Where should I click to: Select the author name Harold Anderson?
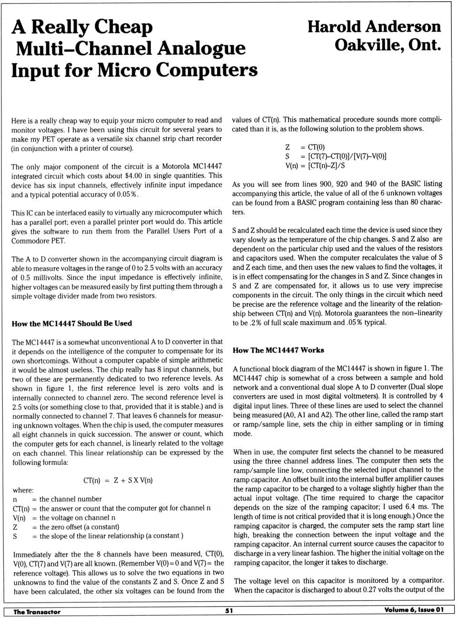tap(374, 26)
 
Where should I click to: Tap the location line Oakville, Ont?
tap(387, 45)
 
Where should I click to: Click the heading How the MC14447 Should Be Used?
tap(71, 324)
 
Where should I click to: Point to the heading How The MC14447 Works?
tap(278, 350)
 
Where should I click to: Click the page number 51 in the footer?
tap(229, 611)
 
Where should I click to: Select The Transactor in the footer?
tap(37, 612)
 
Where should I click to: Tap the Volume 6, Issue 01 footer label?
tap(414, 610)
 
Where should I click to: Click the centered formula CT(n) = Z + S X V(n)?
tap(118, 480)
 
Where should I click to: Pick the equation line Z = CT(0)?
tap(305, 147)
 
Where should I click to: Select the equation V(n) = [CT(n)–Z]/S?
tap(315, 166)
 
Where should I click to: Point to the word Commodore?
tap(30, 241)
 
